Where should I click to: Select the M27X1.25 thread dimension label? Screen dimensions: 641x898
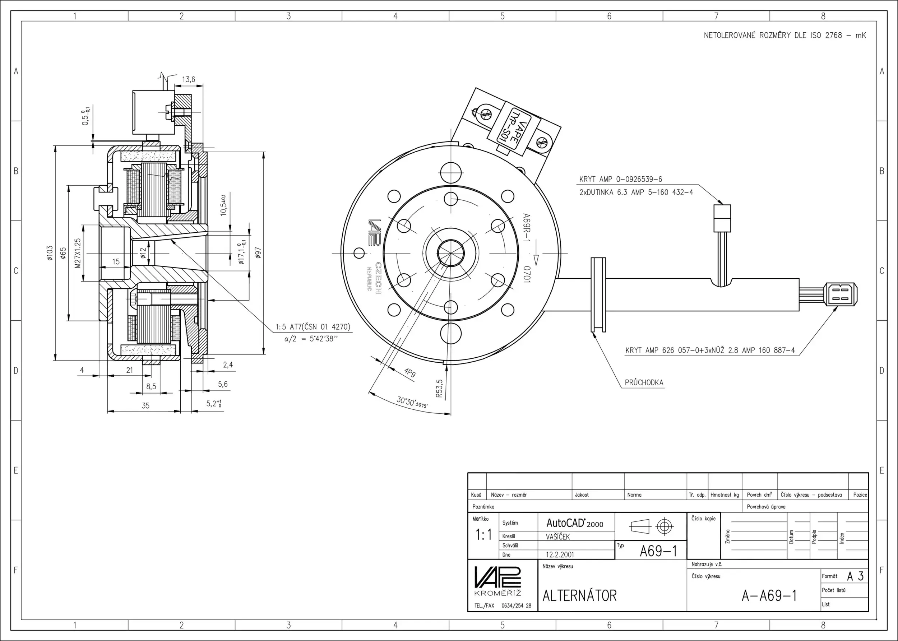point(77,253)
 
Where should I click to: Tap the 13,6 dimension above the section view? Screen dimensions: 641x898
point(188,80)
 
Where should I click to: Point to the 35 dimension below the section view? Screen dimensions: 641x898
point(145,406)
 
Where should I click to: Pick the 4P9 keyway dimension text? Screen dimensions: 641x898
point(410,372)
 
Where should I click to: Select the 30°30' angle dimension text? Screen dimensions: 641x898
point(412,403)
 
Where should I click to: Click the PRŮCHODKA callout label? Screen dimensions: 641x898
point(644,382)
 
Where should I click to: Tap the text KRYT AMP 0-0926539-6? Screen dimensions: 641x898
point(620,179)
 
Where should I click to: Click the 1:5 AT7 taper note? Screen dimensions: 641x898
point(313,327)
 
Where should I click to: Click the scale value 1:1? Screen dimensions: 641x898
point(483,535)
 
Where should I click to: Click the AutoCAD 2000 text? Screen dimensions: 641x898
point(574,523)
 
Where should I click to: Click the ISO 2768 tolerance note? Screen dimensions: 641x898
point(785,36)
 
